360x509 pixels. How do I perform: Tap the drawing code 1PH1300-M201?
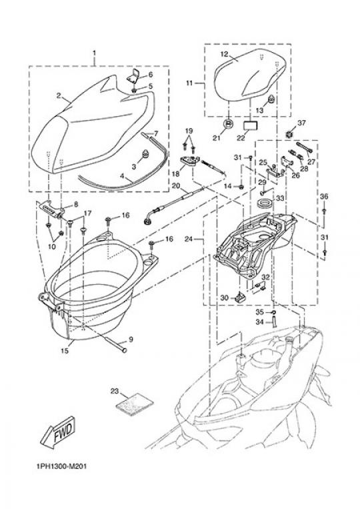coord(61,467)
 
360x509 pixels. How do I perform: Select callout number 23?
coord(115,391)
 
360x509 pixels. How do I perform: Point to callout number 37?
coord(301,123)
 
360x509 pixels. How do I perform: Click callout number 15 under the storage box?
coord(65,351)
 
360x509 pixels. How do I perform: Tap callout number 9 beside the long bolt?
coord(131,340)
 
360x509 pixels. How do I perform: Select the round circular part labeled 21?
coord(229,123)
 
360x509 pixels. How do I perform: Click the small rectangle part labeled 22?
coord(250,125)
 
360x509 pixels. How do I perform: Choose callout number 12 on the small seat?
coord(225,54)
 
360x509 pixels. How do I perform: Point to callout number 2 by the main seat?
coord(59,95)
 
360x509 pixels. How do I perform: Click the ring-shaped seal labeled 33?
coord(265,205)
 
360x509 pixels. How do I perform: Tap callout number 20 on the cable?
coord(175,186)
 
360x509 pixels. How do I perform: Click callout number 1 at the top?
coord(95,53)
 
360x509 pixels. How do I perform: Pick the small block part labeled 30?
coord(240,296)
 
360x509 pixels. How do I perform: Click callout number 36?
coord(324,197)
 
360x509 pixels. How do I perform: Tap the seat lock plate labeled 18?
coord(189,161)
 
